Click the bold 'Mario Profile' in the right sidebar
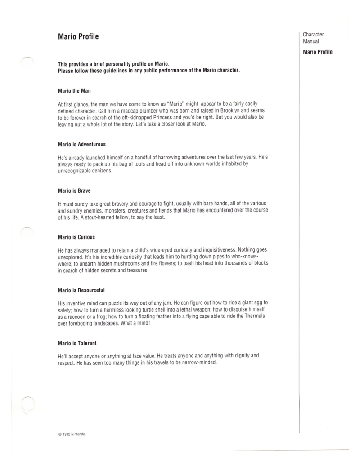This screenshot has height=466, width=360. click(x=318, y=52)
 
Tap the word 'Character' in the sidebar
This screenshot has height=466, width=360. click(x=314, y=34)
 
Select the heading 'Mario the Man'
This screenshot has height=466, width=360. click(x=75, y=91)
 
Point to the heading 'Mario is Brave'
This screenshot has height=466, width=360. click(x=74, y=190)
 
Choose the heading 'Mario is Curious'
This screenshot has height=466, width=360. click(x=76, y=237)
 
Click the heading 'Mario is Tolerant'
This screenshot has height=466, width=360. click(x=78, y=343)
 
